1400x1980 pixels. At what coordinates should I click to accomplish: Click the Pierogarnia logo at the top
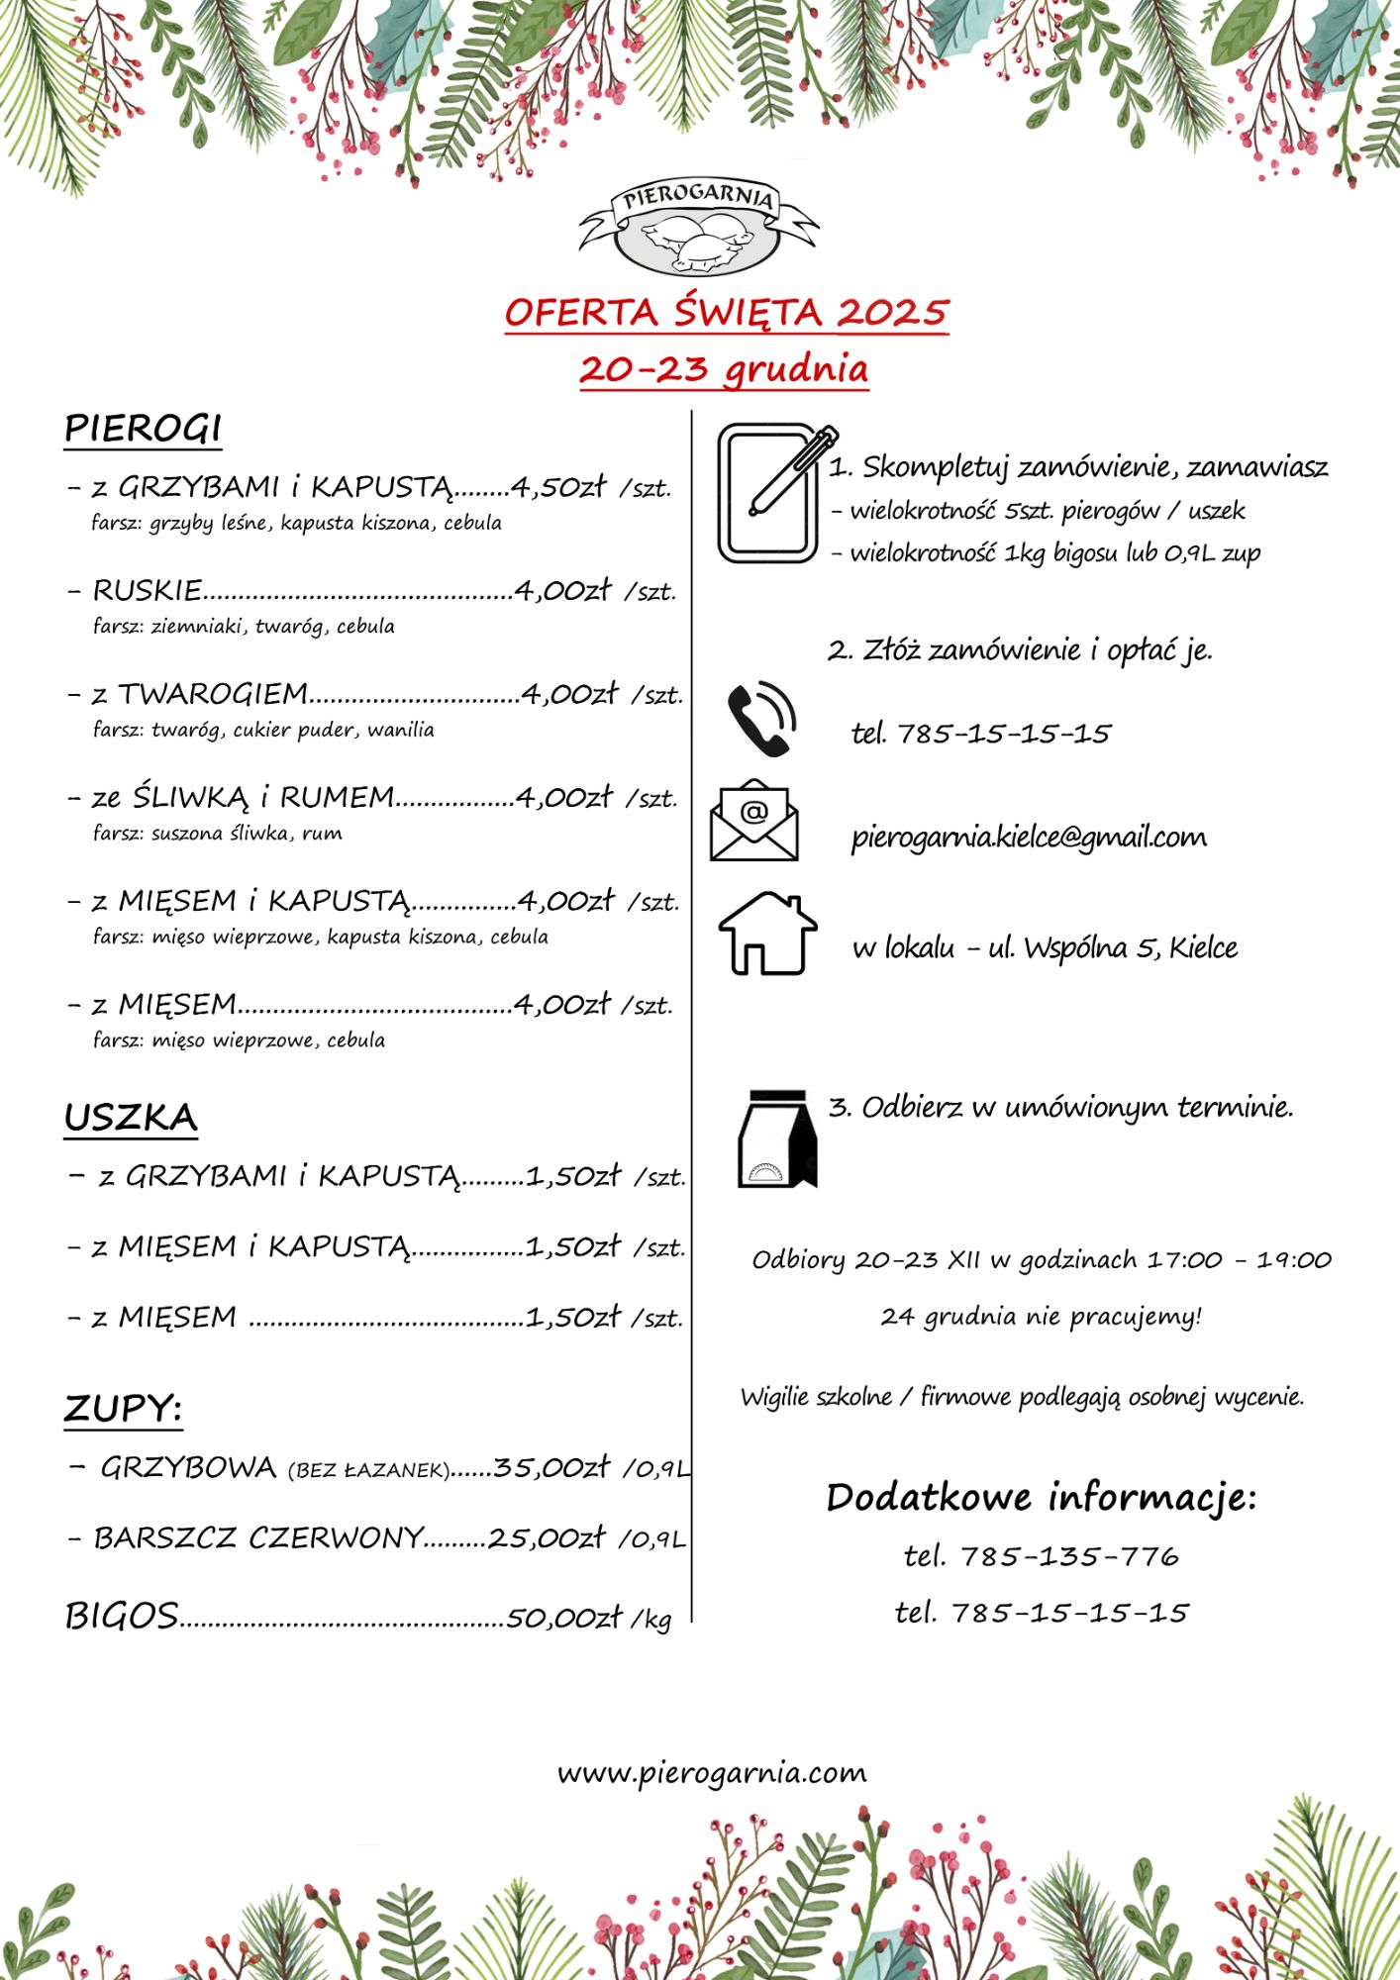coord(698,228)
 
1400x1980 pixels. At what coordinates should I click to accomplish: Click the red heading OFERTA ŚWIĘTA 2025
coord(726,313)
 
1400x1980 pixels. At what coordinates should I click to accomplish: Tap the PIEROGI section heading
coord(143,429)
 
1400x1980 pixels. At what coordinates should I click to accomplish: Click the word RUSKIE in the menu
coord(148,591)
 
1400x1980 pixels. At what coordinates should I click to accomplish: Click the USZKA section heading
coord(131,1118)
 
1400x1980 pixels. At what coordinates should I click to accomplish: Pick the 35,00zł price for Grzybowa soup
coord(551,1467)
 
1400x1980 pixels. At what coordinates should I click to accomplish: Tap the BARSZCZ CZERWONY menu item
coord(259,1538)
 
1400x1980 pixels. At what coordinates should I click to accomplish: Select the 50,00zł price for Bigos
coord(563,1618)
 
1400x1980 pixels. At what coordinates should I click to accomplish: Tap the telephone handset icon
coord(761,719)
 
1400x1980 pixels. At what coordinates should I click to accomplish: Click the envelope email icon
coord(754,821)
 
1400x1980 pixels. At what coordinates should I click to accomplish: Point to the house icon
coord(767,933)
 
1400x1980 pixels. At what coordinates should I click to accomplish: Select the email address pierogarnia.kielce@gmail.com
coord(1029,838)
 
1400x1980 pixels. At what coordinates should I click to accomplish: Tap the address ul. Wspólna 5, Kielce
coord(1113,948)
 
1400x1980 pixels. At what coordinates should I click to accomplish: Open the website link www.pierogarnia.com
coord(711,1772)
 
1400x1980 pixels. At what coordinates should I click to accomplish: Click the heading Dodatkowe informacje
coord(1041,1497)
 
